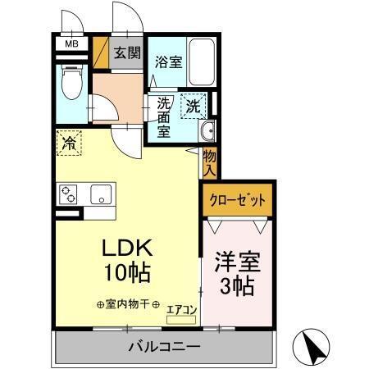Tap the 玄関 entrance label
coord(127,55)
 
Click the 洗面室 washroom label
coord(164,116)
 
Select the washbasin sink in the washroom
coord(207,131)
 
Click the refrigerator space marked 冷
coord(69,144)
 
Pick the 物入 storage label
coord(210,162)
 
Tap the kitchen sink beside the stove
coord(102,194)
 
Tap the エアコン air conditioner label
coord(181,310)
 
